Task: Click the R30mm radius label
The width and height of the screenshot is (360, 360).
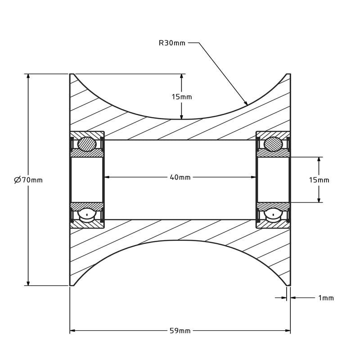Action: click(x=172, y=43)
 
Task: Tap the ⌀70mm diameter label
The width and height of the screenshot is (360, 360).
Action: click(x=28, y=180)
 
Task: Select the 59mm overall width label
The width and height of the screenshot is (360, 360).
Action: click(x=180, y=331)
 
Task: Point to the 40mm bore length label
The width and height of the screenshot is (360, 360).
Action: click(x=180, y=177)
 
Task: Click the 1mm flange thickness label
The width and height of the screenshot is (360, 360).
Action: click(x=326, y=298)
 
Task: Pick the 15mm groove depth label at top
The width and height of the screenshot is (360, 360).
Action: click(x=182, y=97)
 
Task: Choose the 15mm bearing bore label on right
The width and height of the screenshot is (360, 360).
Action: click(x=319, y=180)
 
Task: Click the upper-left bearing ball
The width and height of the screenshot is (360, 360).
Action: click(x=87, y=144)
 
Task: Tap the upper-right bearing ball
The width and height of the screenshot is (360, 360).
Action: click(x=273, y=144)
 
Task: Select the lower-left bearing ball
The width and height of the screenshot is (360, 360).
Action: click(x=87, y=215)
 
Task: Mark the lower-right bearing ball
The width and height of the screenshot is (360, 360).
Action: click(x=273, y=215)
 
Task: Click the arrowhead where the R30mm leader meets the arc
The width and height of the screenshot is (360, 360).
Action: click(x=245, y=103)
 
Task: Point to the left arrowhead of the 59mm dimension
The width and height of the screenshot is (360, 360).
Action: click(x=72, y=331)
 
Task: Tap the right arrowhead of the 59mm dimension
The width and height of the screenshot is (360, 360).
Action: click(x=288, y=331)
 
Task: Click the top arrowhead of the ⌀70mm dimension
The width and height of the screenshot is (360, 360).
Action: click(x=28, y=77)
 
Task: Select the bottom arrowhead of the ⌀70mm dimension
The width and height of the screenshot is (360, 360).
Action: click(x=28, y=283)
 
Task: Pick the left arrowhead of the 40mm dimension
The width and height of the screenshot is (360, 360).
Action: click(x=107, y=177)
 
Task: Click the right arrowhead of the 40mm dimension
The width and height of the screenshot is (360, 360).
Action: click(x=253, y=177)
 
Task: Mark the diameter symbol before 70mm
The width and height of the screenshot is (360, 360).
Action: click(x=18, y=180)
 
